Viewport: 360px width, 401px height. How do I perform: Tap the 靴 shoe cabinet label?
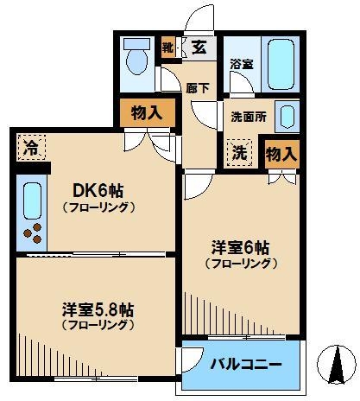(167, 48)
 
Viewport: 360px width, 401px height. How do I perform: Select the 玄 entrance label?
(199, 48)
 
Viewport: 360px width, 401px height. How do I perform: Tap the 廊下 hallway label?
(196, 87)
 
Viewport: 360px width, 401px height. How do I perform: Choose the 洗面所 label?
(248, 116)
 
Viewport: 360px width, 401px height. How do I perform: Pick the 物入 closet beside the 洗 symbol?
(282, 153)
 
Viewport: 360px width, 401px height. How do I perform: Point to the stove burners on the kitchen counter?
(35, 232)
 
